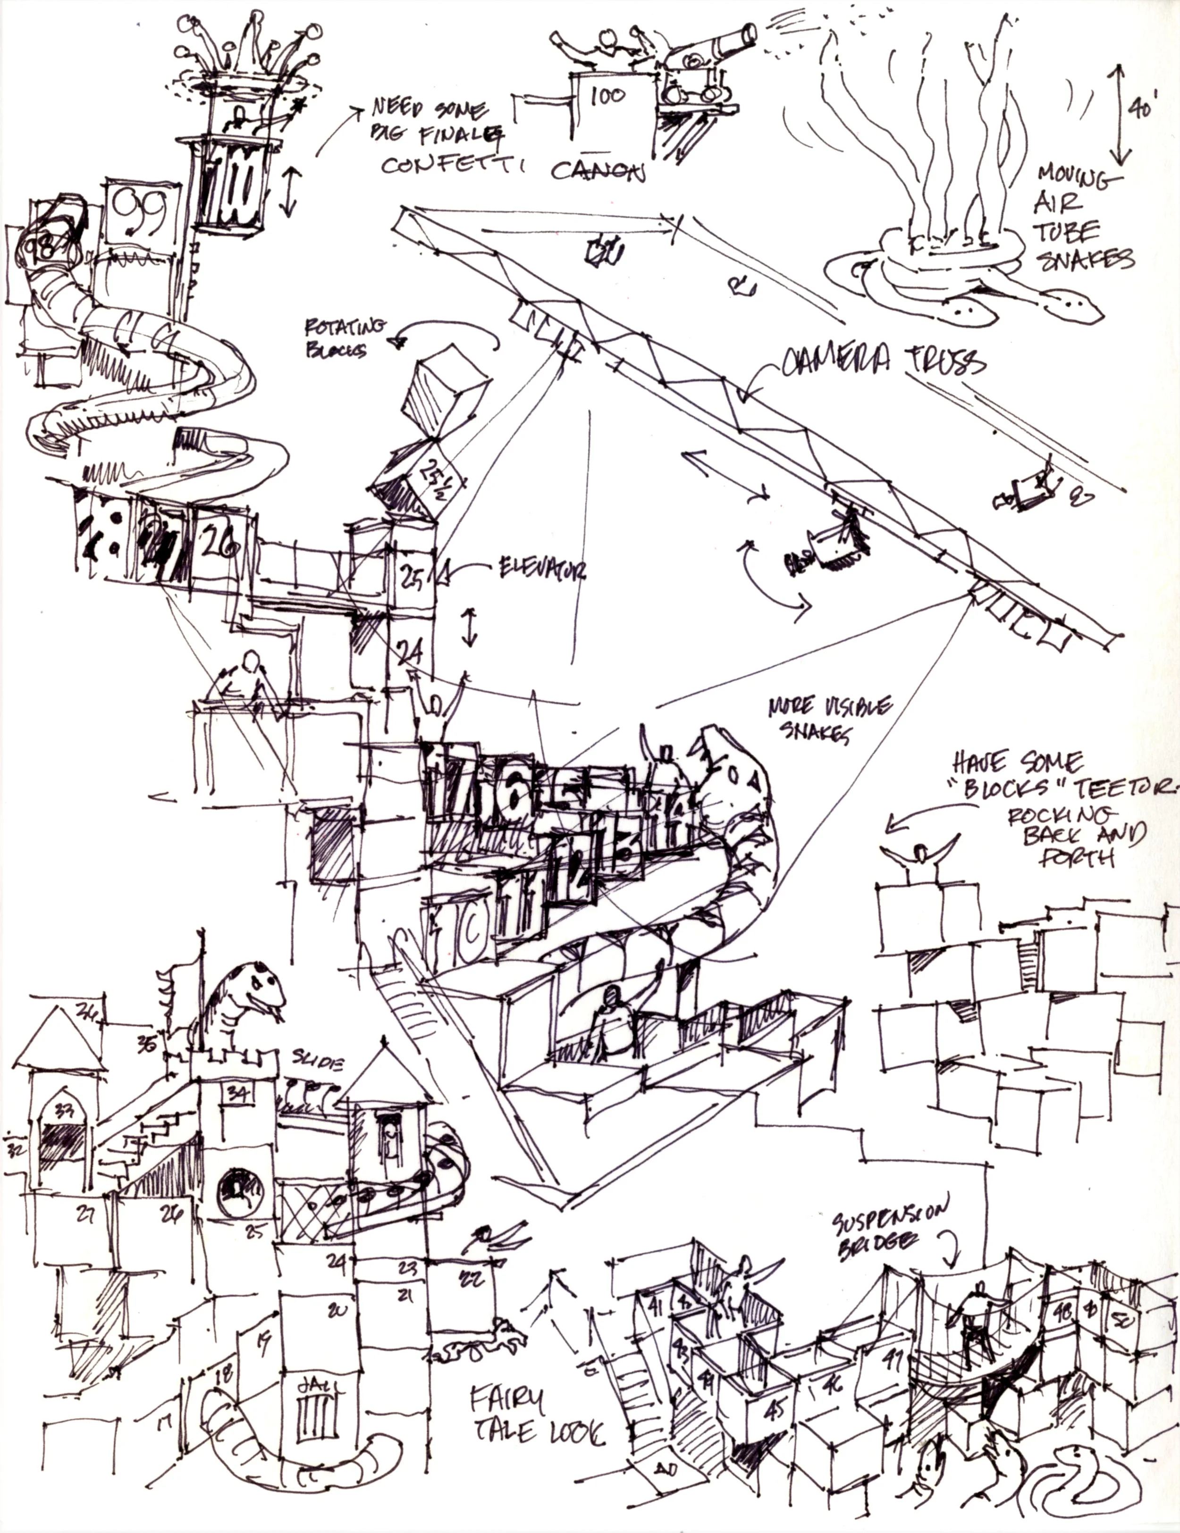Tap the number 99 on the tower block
tap(139, 211)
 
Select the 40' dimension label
tap(1141, 109)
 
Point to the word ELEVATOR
tap(541, 569)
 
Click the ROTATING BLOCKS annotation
tap(344, 337)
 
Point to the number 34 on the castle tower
tap(239, 1092)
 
